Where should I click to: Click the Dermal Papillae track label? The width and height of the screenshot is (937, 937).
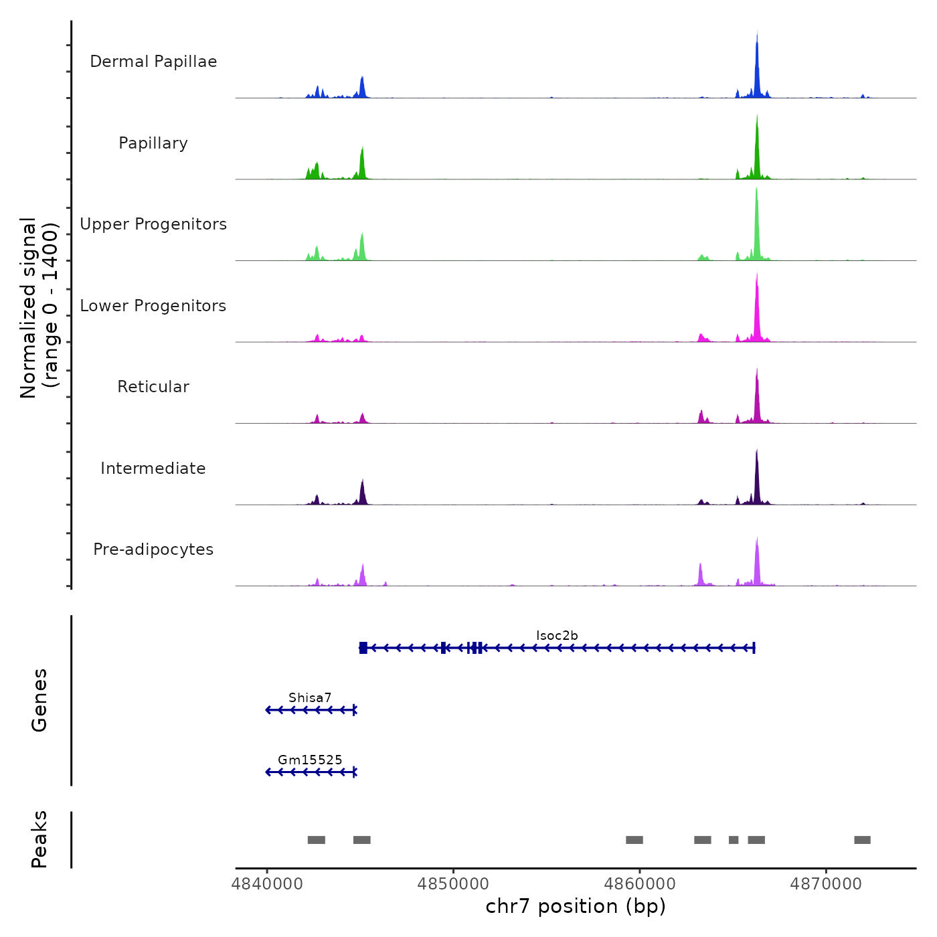point(153,62)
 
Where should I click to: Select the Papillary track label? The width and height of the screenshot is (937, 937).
point(153,143)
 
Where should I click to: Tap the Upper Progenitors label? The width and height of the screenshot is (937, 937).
point(153,224)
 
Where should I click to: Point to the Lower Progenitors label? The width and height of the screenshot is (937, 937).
point(153,306)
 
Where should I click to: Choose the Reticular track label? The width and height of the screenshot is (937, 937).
point(153,387)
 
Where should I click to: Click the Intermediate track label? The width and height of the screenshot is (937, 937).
point(153,468)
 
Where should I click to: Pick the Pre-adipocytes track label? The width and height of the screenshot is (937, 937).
point(153,549)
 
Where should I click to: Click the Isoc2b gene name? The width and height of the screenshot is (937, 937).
point(557,636)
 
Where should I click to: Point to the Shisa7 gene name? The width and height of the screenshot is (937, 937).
point(310,698)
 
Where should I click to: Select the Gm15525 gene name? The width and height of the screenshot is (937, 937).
point(310,760)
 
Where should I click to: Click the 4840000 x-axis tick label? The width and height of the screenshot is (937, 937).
point(267,884)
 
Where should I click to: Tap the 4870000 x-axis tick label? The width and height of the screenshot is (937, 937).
point(826,884)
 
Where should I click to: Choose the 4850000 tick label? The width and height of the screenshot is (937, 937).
point(453,884)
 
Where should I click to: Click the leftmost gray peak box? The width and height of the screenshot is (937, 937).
point(317,840)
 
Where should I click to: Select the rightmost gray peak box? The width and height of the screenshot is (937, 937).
point(862,840)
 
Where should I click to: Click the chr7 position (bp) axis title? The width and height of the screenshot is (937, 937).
point(576,906)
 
